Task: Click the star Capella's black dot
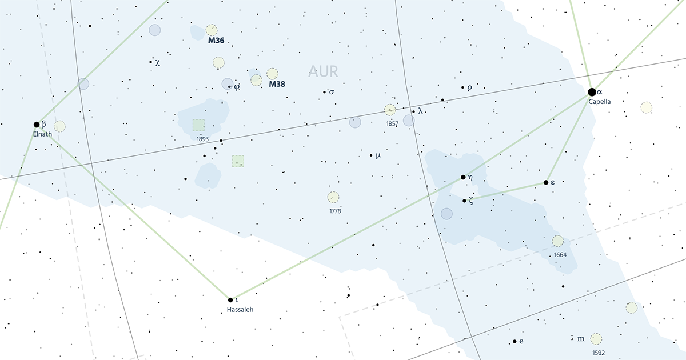tap(592, 91)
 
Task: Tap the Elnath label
tap(42, 134)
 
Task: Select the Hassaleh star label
tap(240, 310)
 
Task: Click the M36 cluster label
tap(216, 41)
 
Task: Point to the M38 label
tap(277, 84)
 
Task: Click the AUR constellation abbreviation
tap(323, 71)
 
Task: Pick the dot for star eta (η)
tap(463, 177)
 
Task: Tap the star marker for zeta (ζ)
tap(464, 201)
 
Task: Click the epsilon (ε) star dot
tap(546, 183)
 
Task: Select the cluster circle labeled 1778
tap(333, 198)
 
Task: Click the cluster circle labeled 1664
tap(557, 241)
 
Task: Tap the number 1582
tap(599, 353)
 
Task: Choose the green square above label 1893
tap(198, 125)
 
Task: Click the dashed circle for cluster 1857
tap(390, 110)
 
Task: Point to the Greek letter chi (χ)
tap(157, 62)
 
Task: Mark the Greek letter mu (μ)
tap(378, 155)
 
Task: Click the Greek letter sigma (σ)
tap(332, 91)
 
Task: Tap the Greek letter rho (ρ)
tap(469, 87)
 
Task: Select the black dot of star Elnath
tap(37, 124)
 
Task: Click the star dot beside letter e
tap(514, 342)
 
